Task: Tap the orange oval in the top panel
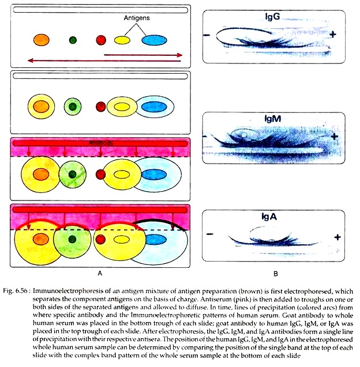pos(41,40)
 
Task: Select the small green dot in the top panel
pos(73,40)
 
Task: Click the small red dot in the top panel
pos(102,40)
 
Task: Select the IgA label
pos(269,218)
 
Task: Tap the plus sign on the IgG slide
pos(333,35)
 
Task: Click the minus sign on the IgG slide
pos(207,36)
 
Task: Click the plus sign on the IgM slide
pos(334,136)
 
